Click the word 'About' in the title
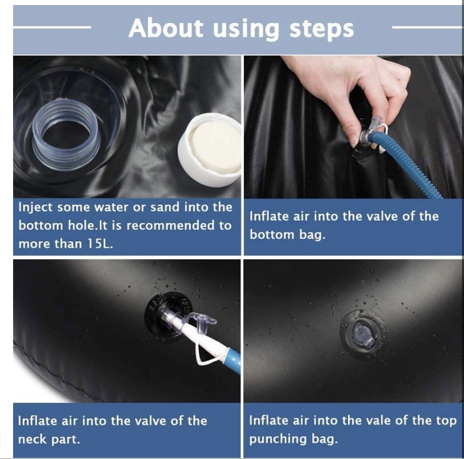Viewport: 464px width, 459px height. tap(166, 28)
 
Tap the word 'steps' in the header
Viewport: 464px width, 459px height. tap(322, 30)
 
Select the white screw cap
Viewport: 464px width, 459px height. tap(209, 151)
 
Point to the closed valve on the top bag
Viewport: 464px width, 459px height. tap(363, 334)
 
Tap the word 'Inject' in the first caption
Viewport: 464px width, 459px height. tap(36, 207)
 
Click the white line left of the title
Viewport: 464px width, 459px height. tap(52, 27)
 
